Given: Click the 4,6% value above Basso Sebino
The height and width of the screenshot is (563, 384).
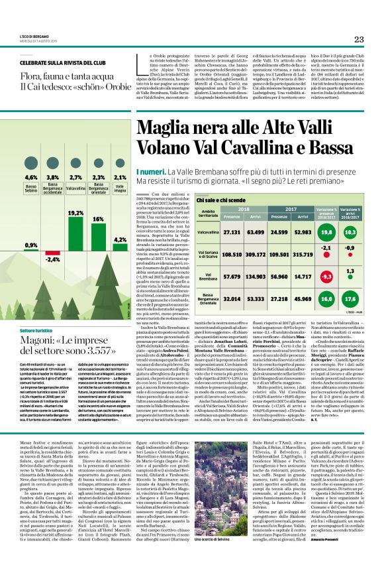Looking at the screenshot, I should [31, 178].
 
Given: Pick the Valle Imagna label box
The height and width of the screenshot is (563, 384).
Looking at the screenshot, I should [120, 189].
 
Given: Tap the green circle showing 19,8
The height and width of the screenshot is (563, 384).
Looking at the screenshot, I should [345, 232].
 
